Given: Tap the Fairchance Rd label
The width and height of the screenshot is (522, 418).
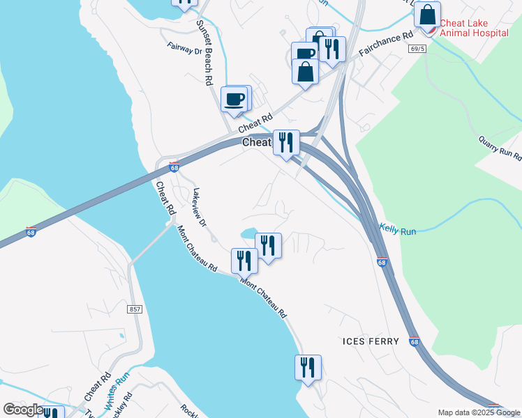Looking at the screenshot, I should (x=383, y=45).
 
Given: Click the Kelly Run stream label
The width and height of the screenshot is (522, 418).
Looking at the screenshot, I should (x=397, y=229).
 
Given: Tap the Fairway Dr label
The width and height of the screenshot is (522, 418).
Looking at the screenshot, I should (x=184, y=49).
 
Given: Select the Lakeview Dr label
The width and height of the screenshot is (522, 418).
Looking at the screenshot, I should (x=200, y=208).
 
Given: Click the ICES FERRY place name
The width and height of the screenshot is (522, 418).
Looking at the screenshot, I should (x=371, y=341).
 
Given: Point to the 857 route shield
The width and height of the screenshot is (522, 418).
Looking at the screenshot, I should (x=135, y=308).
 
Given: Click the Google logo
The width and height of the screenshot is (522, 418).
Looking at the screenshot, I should (x=23, y=410).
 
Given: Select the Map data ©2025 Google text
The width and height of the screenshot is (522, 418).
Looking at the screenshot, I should (x=479, y=412).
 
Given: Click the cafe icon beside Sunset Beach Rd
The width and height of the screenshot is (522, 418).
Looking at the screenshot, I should (x=234, y=98).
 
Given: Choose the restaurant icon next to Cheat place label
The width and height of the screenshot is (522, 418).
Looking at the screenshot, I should (x=285, y=142).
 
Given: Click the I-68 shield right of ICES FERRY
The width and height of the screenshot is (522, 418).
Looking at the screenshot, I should (x=415, y=342).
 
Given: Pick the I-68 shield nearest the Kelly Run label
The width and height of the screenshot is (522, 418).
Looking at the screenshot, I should (x=381, y=263).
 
